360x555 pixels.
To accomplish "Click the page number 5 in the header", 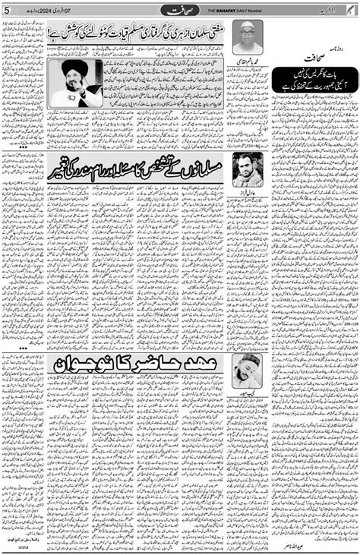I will [x=6, y=9].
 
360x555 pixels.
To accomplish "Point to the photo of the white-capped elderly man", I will [x=248, y=36].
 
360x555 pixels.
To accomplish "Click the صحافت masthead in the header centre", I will [x=180, y=9].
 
